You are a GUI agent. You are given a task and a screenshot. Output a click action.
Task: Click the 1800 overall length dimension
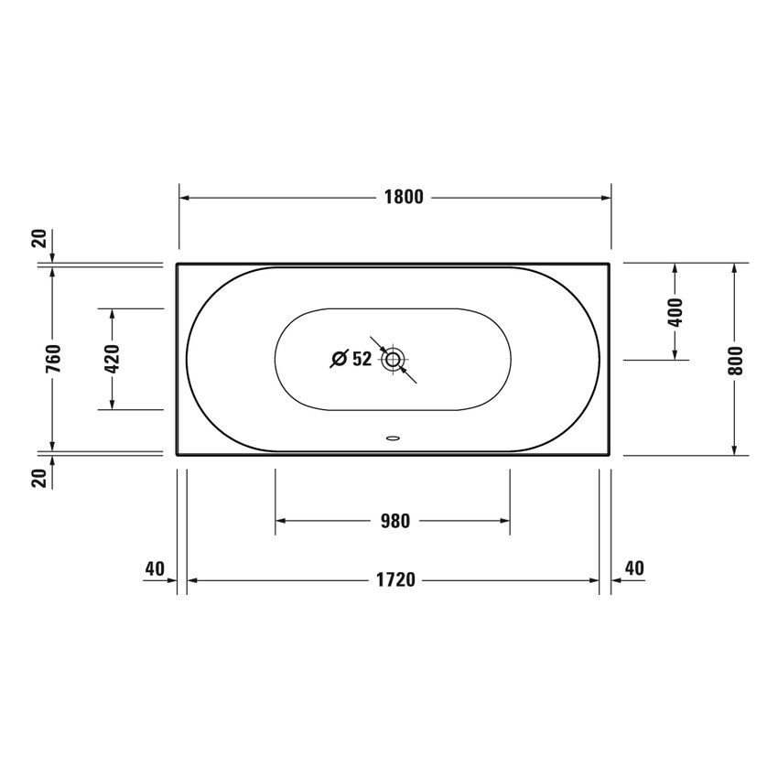403,197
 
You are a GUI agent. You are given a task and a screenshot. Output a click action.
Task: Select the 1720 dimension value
397,579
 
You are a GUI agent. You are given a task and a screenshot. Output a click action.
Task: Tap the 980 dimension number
394,521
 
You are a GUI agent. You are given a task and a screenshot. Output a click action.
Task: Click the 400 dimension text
675,313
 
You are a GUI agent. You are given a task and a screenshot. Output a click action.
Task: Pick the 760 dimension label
53,359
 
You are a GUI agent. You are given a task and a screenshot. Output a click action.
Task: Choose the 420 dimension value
113,359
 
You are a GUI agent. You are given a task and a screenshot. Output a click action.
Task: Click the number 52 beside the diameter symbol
362,359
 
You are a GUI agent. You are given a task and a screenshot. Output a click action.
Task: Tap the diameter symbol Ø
338,359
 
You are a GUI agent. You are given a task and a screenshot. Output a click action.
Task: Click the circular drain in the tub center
393,359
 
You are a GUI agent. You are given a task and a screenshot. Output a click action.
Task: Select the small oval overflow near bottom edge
393,438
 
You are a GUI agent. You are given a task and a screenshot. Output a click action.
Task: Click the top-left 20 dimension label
38,239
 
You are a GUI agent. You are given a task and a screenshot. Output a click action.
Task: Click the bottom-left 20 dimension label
38,477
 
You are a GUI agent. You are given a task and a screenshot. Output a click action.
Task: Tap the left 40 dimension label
155,568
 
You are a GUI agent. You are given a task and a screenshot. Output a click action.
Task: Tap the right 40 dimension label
633,568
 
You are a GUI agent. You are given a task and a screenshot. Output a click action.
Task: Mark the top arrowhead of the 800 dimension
735,268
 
